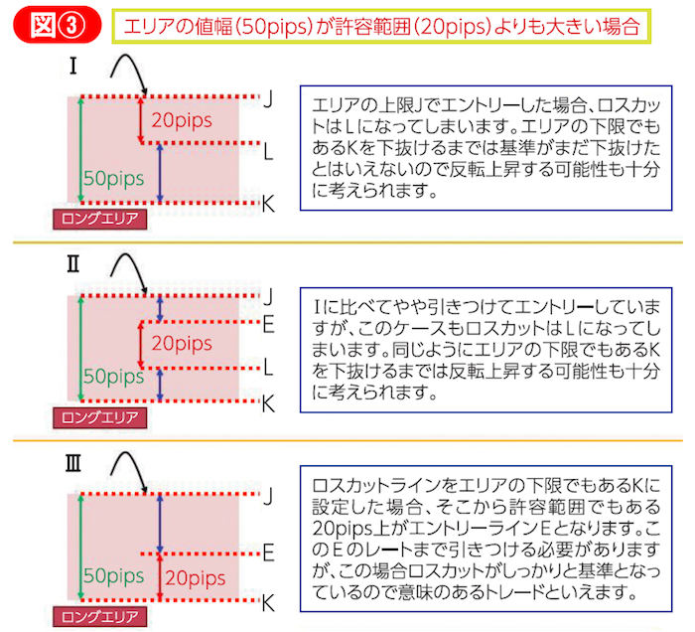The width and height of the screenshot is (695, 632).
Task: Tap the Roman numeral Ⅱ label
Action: coord(73,265)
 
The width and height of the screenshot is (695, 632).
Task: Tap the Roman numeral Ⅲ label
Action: coord(73,463)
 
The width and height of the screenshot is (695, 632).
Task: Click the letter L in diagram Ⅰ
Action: coord(269,150)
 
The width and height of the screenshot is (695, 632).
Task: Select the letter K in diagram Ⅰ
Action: coord(268,204)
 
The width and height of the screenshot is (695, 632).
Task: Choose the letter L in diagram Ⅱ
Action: coord(268,368)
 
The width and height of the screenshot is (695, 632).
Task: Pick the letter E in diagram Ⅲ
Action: coord(268,551)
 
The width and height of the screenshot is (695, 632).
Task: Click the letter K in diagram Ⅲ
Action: coord(268,601)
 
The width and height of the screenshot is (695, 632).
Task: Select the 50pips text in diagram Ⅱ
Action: coord(113,378)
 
